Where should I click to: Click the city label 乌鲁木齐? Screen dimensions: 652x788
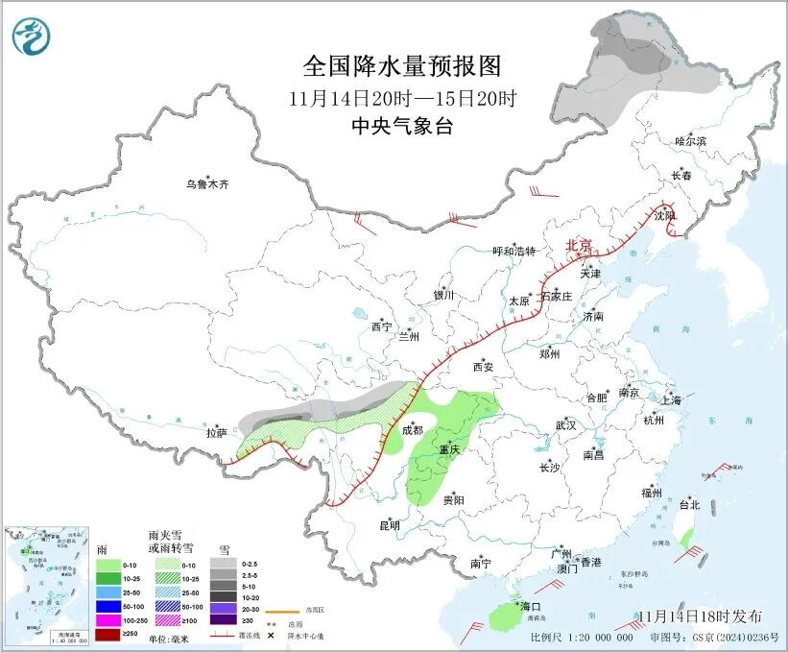point(208,184)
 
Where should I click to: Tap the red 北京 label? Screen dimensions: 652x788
point(580,245)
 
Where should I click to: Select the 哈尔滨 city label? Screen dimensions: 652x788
point(690,141)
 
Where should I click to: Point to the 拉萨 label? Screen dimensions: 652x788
point(216,433)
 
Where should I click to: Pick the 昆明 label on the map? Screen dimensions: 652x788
point(389,525)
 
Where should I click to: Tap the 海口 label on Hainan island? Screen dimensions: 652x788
point(531,606)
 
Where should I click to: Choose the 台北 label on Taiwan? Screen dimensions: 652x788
point(689,504)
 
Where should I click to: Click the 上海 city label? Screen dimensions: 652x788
point(671,399)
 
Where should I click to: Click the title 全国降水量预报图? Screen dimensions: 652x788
point(402,66)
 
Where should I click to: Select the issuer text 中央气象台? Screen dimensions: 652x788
point(402,127)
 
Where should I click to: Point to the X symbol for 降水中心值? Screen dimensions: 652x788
point(272,636)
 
